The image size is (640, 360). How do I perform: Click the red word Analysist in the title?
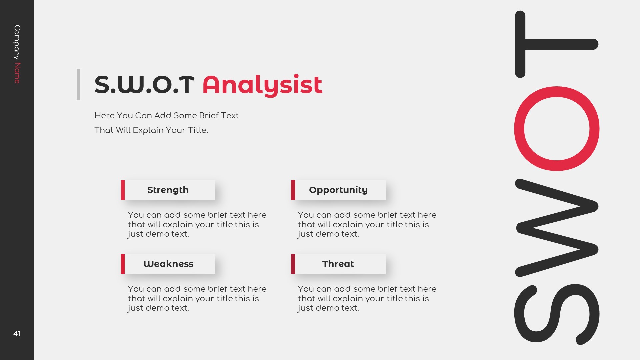262,85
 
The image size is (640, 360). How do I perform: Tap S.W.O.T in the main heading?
144,85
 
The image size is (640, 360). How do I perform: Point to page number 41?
17,334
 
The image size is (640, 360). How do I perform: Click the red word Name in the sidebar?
17,73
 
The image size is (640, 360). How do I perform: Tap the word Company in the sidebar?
17,42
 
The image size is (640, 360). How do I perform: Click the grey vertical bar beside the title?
78,84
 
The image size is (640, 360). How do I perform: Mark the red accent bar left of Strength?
123,190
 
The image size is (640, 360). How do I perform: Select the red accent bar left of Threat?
293,264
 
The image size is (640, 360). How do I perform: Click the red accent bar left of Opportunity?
293,190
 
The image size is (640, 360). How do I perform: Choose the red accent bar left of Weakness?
123,264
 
